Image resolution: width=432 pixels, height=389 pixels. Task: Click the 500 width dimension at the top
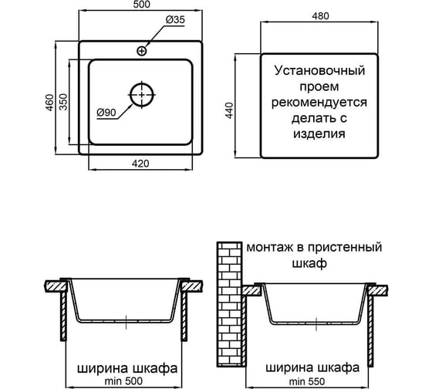[143, 4]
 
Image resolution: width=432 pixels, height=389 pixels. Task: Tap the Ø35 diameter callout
[175, 20]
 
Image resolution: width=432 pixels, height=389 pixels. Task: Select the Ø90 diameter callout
[106, 113]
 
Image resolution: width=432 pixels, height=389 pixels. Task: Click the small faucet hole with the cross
[142, 51]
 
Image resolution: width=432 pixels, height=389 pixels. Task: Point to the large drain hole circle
[142, 95]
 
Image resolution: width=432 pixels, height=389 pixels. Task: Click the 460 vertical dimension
[49, 103]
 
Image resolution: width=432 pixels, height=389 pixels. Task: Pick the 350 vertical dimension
[63, 102]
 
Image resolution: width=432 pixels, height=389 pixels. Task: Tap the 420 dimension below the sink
[140, 164]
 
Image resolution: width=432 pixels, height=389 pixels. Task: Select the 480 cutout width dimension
[320, 16]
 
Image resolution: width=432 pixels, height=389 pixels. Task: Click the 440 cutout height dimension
[229, 110]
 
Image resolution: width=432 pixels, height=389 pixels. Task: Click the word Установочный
[319, 71]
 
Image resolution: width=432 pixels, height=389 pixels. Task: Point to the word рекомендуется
[319, 103]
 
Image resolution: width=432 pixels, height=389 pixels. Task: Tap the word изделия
[319, 134]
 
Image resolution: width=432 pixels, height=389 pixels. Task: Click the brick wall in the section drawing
[229, 304]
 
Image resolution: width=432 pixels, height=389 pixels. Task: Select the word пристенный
[345, 247]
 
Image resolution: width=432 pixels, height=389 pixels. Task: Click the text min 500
[123, 381]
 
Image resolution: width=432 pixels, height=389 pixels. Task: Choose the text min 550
[307, 382]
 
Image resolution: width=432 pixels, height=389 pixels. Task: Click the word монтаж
[270, 248]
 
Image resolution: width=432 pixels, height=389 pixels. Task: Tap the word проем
[319, 87]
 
